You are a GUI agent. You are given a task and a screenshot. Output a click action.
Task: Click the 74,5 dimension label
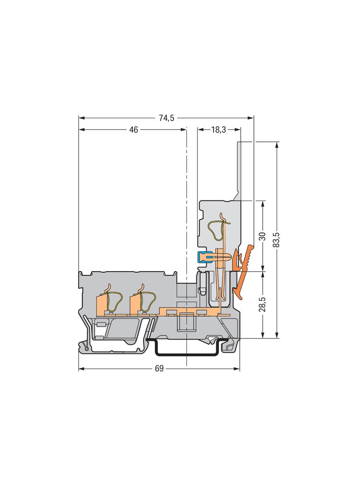(x=166, y=118)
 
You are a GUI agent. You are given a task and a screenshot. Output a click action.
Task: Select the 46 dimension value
(x=134, y=130)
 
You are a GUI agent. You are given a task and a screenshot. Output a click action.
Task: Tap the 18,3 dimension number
(x=219, y=130)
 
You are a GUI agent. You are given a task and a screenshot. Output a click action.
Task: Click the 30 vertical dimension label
(x=263, y=236)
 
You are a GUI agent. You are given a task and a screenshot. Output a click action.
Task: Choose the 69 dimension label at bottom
(x=159, y=369)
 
